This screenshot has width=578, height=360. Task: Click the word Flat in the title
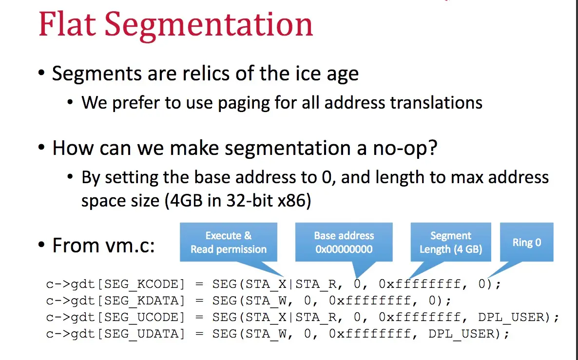[67, 25]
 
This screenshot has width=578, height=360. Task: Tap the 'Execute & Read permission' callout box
[229, 242]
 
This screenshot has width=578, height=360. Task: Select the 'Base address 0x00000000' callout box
[344, 242]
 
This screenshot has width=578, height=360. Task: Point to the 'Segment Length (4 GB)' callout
[451, 242]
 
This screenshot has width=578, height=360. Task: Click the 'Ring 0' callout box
[527, 242]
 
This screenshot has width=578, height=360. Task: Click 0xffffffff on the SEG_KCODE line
[420, 284]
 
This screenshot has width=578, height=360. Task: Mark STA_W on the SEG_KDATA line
[267, 301]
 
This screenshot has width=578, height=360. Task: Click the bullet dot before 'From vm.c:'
[41, 245]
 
